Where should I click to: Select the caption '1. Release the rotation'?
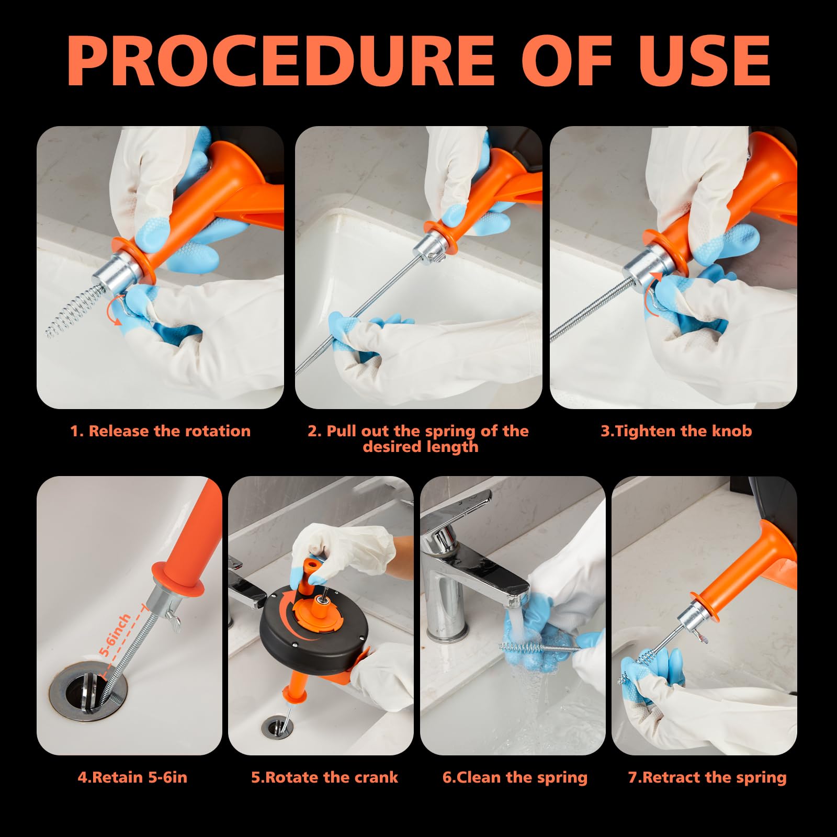pos(161,431)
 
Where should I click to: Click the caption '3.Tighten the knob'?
pos(676,431)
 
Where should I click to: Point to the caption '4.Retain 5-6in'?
pos(132,777)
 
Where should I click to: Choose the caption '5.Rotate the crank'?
pos(324,777)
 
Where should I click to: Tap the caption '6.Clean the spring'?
pos(515,777)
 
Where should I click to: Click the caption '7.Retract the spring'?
pos(707,777)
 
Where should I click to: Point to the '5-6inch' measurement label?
pos(115,635)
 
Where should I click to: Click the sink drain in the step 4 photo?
pos(89,691)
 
